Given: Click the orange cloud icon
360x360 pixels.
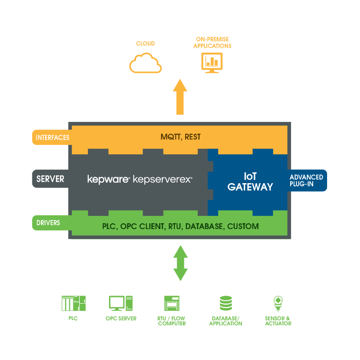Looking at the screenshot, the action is (x=145, y=63).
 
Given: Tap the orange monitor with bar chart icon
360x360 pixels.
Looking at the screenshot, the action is (x=212, y=63).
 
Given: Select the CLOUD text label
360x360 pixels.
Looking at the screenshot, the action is (x=145, y=43).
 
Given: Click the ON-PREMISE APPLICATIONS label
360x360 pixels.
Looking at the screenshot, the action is (x=212, y=43).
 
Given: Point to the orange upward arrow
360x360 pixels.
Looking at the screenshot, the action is (x=180, y=97).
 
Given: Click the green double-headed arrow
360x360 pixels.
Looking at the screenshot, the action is (x=181, y=263).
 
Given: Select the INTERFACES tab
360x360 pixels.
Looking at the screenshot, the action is (x=52, y=137).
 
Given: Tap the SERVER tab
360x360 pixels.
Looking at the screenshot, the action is (x=50, y=179).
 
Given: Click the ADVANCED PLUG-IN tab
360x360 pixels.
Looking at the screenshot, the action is (x=307, y=180).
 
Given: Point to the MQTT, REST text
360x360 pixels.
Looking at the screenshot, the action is (x=181, y=137).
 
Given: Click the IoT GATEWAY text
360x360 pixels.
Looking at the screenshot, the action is (x=250, y=182).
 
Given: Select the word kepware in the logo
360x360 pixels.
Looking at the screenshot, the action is (x=108, y=179).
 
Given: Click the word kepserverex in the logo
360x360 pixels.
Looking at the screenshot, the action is (x=162, y=179).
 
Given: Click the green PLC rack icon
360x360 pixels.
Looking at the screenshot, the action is (x=73, y=303).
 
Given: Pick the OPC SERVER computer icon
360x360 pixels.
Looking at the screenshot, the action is (x=121, y=303).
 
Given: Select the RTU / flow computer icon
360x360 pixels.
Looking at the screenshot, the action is (x=172, y=303).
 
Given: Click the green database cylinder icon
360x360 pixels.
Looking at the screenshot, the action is (x=226, y=303).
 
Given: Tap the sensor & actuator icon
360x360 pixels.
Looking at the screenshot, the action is (x=278, y=303).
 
